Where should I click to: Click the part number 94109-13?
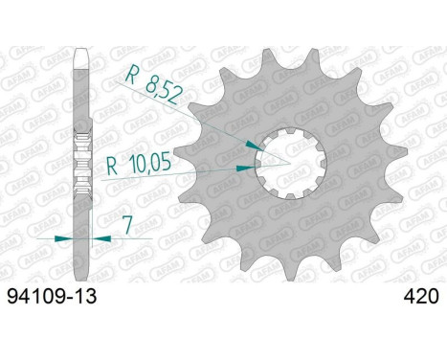[x=52, y=297]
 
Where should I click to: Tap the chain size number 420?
[x=421, y=297]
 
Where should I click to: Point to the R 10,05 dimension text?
[x=139, y=163]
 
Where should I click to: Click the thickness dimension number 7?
[x=127, y=225]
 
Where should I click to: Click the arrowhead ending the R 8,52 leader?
[x=255, y=146]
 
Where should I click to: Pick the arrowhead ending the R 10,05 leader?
[x=245, y=168]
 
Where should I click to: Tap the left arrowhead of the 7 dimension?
[x=64, y=238]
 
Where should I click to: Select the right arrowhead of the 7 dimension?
[x=101, y=238]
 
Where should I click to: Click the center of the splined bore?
[x=291, y=164]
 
